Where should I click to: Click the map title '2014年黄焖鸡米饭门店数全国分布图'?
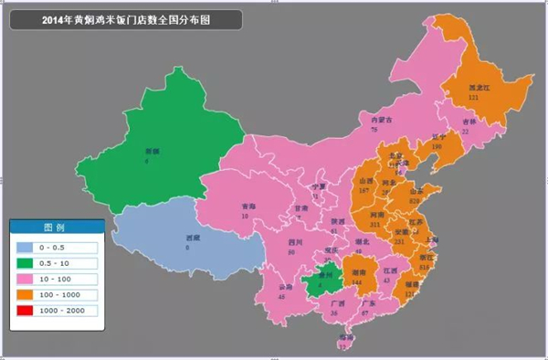125,19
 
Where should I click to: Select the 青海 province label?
248,206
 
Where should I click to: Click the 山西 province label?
364,183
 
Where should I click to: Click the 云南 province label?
283,288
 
